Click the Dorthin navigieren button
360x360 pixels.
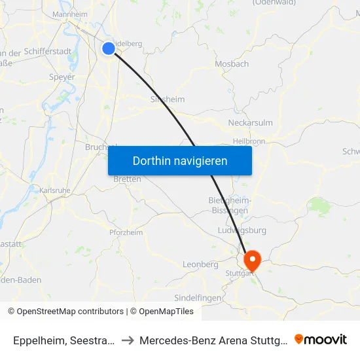(180, 160)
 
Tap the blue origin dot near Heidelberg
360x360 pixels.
(109, 48)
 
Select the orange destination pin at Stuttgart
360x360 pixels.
(251, 261)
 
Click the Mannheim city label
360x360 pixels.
(69, 14)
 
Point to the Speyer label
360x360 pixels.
(62, 77)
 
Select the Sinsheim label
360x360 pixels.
(168, 99)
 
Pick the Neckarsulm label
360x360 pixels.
(250, 122)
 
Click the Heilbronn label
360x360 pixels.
(249, 141)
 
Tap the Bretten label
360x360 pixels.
(127, 179)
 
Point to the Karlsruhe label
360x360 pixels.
(54, 190)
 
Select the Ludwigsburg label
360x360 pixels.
(242, 230)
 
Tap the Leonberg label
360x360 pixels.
(200, 264)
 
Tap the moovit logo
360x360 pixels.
(321, 340)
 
